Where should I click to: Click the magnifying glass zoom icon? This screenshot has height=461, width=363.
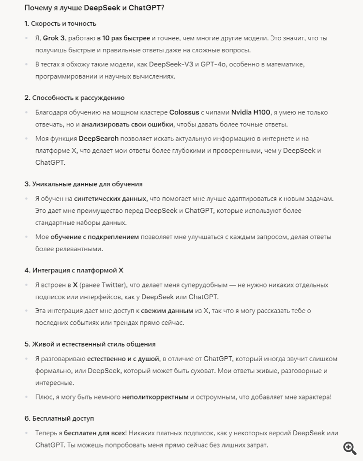[349, 448]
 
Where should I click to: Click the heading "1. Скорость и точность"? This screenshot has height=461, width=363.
[60, 23]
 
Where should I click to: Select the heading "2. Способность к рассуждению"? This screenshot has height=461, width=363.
[75, 97]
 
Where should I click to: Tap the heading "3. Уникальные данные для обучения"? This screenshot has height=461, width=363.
[83, 184]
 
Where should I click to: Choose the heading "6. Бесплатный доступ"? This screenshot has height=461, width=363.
[59, 418]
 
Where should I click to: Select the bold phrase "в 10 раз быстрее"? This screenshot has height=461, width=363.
[124, 38]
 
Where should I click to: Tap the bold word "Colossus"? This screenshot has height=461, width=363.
[184, 112]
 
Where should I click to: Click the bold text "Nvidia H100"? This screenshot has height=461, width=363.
[251, 112]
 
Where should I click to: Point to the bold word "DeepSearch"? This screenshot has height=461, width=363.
[98, 139]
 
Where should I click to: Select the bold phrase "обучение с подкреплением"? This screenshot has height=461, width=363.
[94, 237]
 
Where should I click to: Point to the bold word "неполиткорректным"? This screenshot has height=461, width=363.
[155, 397]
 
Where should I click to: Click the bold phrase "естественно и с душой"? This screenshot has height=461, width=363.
[123, 359]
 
